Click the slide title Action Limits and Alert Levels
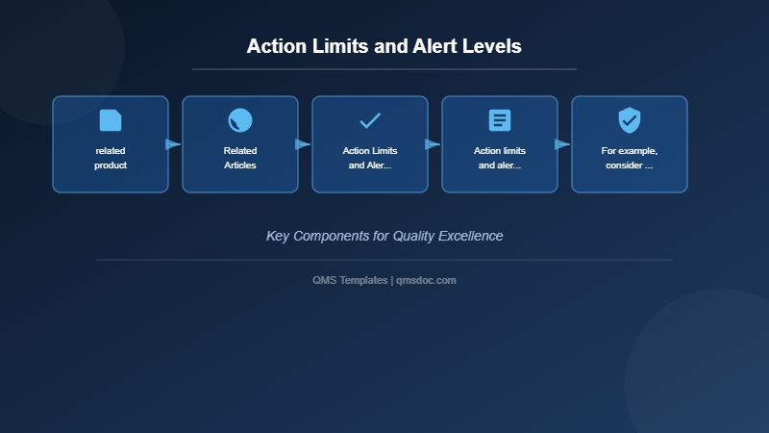384,46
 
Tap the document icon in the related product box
111,120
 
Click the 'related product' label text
111,158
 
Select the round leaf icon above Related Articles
240,120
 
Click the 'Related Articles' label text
240,158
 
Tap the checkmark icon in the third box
370,120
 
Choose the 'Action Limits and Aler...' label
370,158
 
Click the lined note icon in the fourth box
500,120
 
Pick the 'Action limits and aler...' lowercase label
500,158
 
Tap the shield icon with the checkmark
630,120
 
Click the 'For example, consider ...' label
630,158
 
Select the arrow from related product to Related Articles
173,144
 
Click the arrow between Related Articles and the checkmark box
303,144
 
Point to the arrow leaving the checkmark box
433,144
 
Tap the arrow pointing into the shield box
562,144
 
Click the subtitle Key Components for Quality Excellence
384,236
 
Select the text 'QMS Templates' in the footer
350,280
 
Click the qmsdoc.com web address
426,280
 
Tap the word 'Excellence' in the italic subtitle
470,236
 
